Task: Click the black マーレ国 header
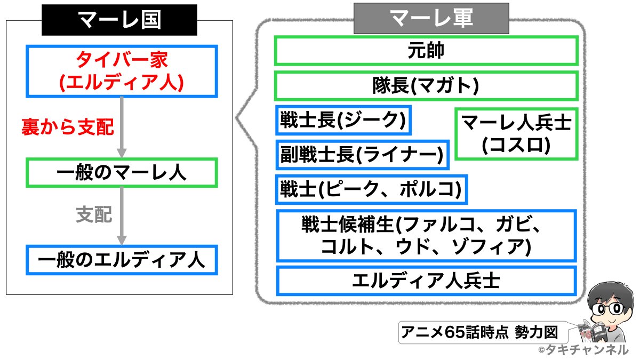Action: (120, 20)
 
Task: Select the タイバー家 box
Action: (122, 71)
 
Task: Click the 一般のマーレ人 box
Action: (122, 172)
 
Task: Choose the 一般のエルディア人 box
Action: (122, 260)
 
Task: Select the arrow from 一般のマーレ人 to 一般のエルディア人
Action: (123, 215)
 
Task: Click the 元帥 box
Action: (426, 51)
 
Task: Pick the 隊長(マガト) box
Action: (426, 85)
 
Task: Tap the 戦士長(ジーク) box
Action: (343, 121)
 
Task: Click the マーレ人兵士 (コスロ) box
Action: (516, 134)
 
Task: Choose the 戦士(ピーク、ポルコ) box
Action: (371, 189)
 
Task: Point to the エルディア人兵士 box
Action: (426, 281)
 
